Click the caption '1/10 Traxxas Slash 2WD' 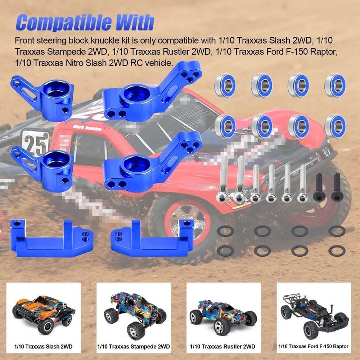44,347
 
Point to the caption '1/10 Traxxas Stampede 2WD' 134,347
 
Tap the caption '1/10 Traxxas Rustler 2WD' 223,347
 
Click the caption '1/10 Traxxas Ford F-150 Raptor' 313,346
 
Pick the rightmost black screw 337,188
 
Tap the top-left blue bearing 225,85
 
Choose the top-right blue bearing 335,85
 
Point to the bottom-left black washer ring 226,250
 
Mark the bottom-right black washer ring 337,250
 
